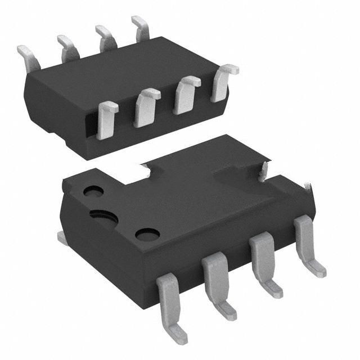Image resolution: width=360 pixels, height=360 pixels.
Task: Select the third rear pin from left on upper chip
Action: [104, 37]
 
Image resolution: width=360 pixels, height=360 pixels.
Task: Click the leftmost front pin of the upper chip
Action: [106, 119]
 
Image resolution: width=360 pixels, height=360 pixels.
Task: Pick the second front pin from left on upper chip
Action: [146, 107]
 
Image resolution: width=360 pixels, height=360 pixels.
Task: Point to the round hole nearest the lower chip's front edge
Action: [147, 233]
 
